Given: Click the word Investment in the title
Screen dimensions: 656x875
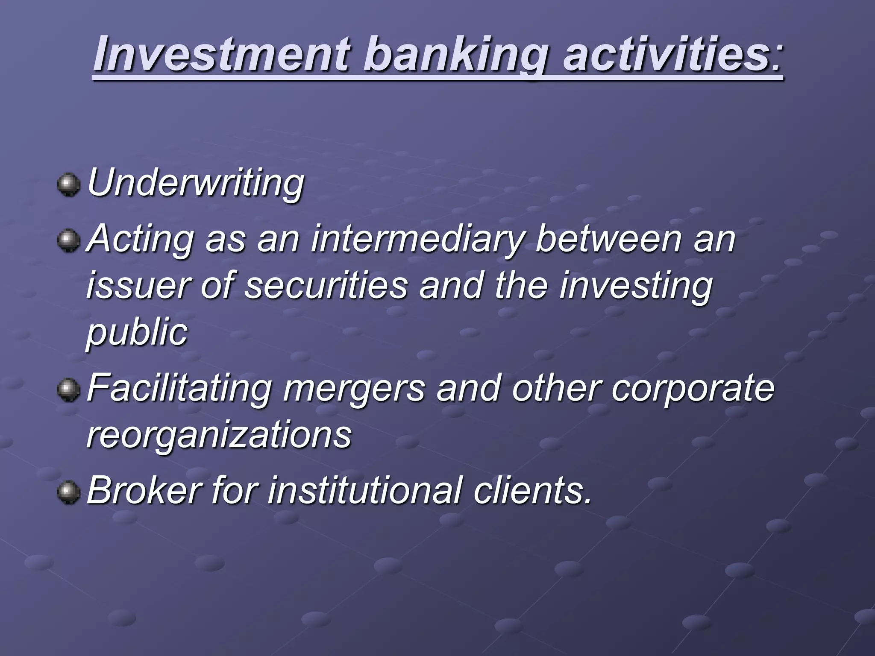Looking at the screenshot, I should [x=222, y=55].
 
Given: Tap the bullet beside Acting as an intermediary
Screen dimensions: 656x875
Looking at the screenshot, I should [x=69, y=240].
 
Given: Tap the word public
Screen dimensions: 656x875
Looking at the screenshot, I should [x=137, y=332].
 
